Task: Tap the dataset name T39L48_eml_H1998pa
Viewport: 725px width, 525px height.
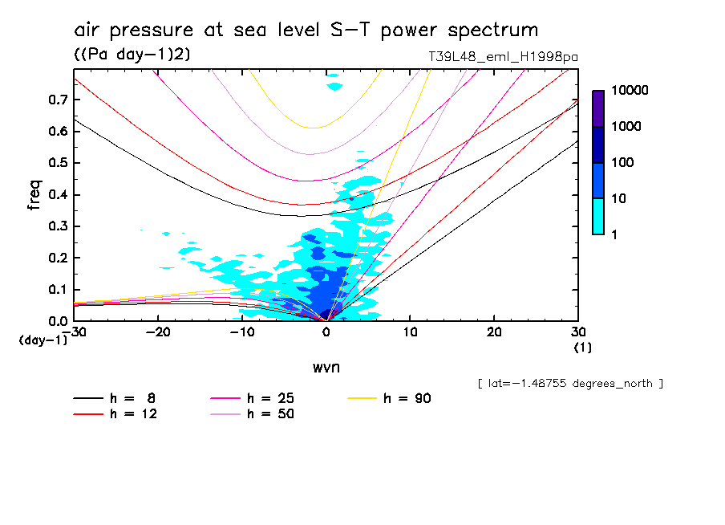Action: pos(503,57)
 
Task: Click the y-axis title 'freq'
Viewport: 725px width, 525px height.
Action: pos(34,195)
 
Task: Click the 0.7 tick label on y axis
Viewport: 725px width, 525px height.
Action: pos(58,100)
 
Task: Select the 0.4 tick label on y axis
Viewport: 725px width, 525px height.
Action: pos(58,194)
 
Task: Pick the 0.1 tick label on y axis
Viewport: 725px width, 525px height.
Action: pos(58,289)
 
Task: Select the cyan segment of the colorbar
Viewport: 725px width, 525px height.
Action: pos(598,216)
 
